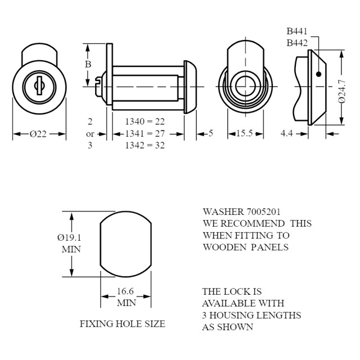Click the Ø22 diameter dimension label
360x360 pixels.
[x=38, y=134]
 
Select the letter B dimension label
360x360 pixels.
[x=88, y=64]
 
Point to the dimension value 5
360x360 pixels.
[x=210, y=134]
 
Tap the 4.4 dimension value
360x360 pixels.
[x=287, y=134]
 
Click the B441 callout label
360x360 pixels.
[x=296, y=31]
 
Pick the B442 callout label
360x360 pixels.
[x=296, y=42]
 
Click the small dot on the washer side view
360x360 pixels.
[x=318, y=74]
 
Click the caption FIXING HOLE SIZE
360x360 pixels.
[x=122, y=324]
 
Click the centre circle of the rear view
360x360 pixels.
[x=245, y=87]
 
